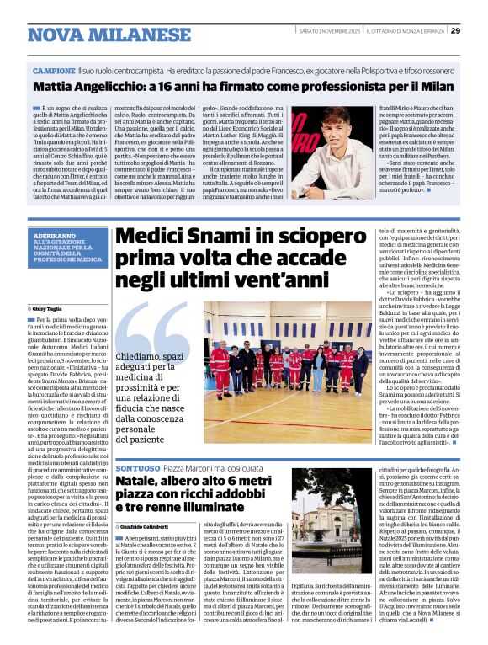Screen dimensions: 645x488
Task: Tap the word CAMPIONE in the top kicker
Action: click(x=54, y=71)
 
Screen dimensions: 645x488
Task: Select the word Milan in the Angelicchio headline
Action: click(x=432, y=87)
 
